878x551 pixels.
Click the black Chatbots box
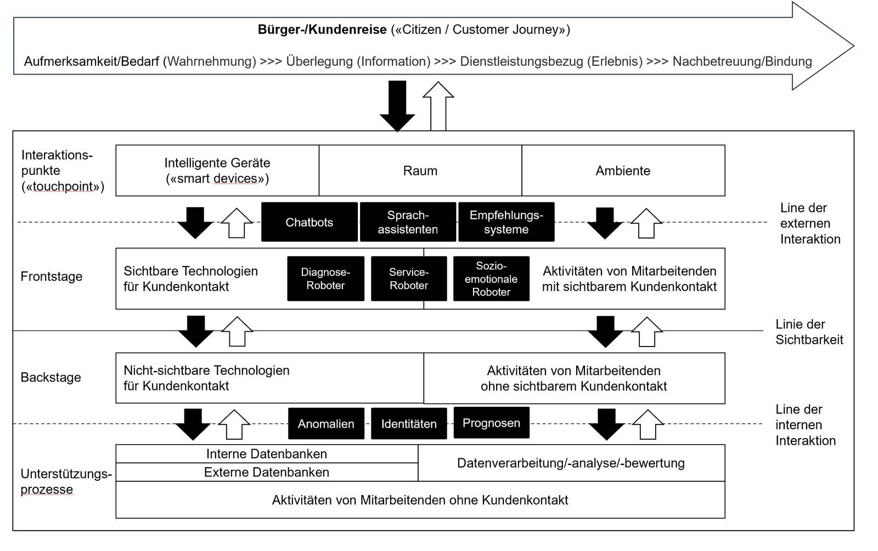(309, 221)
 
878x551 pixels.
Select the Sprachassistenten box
(408, 221)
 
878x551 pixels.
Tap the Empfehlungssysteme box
(506, 221)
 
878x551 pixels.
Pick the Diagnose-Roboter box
(326, 279)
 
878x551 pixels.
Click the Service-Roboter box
(409, 279)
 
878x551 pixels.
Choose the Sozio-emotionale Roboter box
(491, 279)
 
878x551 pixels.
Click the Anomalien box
(326, 423)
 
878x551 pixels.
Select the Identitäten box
(409, 423)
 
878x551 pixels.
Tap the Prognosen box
(492, 423)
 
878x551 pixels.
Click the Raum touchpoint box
(420, 171)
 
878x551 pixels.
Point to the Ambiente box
(623, 171)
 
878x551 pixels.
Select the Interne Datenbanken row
(267, 453)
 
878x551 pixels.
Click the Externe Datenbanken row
(267, 472)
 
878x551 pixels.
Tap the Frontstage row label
(52, 276)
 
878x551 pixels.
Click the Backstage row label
(50, 377)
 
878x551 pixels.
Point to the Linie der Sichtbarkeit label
(809, 332)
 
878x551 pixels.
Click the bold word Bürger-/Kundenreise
(322, 30)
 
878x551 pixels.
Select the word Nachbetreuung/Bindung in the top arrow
(742, 61)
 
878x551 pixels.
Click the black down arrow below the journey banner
(397, 106)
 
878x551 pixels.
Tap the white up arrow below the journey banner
(438, 106)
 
